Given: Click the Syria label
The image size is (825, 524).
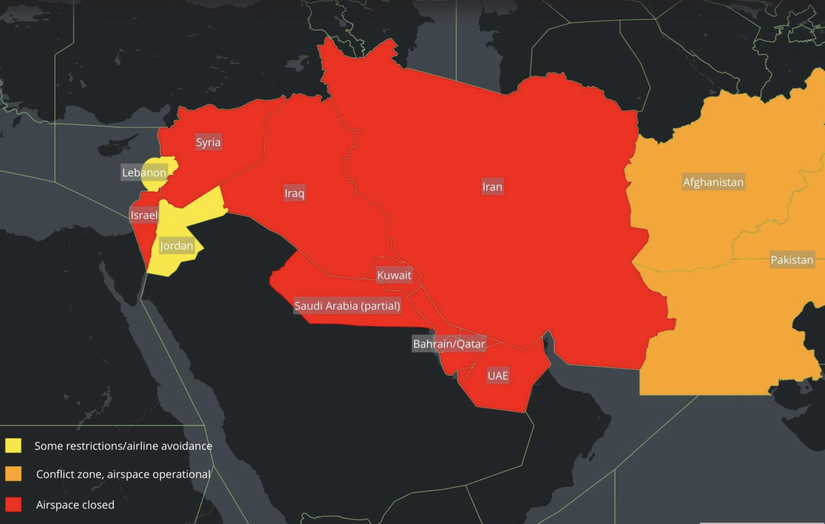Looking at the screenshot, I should [208, 142].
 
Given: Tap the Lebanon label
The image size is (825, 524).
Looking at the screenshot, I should [143, 173].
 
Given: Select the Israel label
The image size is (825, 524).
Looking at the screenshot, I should [144, 215].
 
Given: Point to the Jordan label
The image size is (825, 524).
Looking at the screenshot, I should [177, 245].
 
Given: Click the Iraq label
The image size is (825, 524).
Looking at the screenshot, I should [294, 193].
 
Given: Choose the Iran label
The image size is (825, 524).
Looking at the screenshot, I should [492, 186].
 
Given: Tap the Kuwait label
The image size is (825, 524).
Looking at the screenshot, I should [394, 276].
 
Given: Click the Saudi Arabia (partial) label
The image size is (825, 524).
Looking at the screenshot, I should [347, 306].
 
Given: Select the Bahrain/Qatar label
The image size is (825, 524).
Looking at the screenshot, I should [449, 343].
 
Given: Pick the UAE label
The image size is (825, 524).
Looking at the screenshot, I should [498, 375].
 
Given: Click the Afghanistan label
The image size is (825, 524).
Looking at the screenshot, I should [713, 182].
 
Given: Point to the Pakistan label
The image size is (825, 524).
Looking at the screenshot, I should [792, 260].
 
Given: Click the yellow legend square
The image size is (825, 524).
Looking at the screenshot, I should [13, 446].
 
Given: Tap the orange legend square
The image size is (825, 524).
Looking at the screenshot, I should [13, 474].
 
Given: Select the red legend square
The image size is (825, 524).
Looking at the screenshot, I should [13, 505].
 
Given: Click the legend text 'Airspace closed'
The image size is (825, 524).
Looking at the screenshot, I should [75, 505].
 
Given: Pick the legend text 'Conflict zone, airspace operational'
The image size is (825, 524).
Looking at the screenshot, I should [123, 474].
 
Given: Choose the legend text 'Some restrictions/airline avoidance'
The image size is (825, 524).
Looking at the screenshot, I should [123, 446].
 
